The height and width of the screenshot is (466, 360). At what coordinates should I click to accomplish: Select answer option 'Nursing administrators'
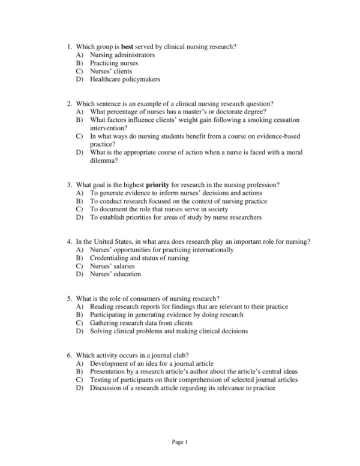tap(122, 55)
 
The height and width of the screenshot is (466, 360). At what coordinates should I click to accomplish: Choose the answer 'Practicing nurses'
tap(114, 63)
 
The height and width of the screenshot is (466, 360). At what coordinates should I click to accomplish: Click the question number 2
tap(70, 104)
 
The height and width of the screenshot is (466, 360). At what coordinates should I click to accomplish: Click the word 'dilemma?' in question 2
tap(104, 161)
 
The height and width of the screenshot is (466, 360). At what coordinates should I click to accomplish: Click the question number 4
tap(70, 241)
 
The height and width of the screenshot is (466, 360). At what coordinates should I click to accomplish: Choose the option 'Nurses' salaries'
tap(112, 266)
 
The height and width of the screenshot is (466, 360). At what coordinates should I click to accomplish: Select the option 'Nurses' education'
tap(115, 274)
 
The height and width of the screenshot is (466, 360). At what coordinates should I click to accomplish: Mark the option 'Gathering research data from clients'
tap(140, 323)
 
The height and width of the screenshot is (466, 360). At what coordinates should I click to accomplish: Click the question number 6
tap(70, 356)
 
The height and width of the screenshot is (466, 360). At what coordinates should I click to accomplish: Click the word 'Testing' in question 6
tap(100, 380)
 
